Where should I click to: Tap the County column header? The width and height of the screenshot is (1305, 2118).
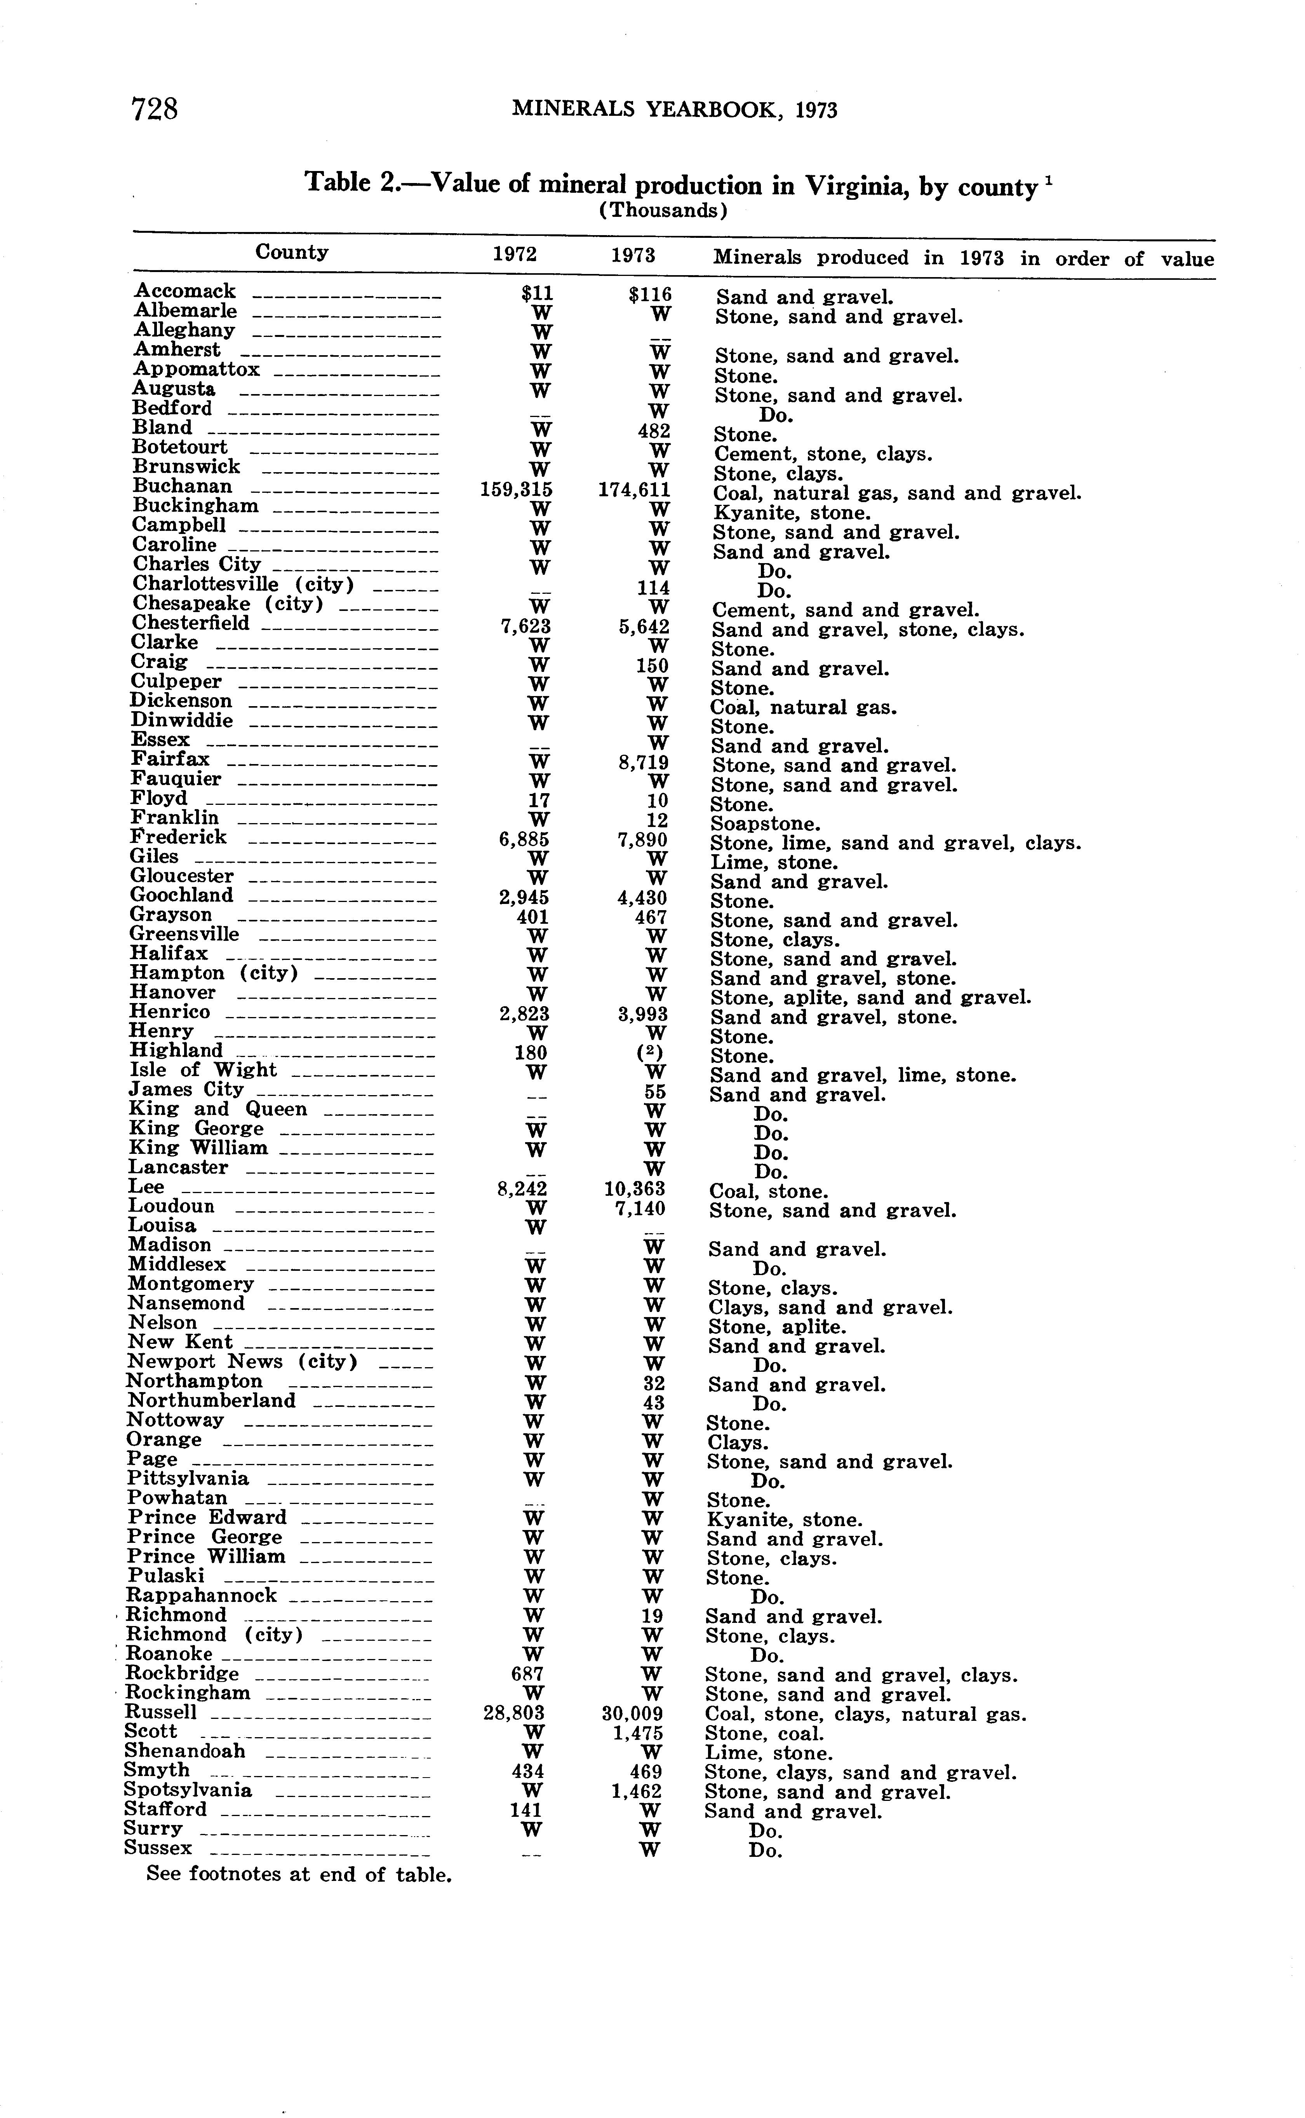(292, 252)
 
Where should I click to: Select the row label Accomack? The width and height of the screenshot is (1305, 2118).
(185, 291)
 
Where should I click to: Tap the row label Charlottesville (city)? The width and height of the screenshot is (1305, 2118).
(244, 584)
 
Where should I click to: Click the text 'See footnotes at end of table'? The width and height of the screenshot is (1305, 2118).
(299, 1874)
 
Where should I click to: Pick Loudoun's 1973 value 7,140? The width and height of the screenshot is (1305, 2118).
(640, 1208)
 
